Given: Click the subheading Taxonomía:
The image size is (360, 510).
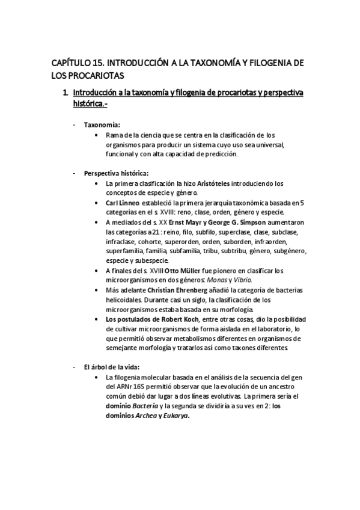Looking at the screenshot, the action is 102,124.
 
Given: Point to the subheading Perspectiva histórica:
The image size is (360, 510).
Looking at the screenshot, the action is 116,173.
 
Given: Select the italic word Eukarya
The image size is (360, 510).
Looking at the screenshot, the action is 174,415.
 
